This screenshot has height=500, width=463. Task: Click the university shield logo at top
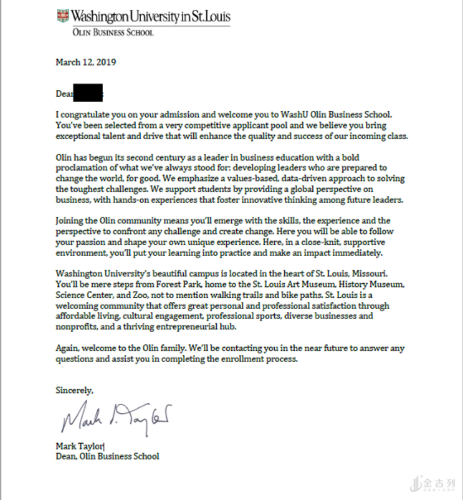coord(62,16)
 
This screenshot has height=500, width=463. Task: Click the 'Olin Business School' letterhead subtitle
coord(113,33)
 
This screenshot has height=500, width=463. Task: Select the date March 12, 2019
coord(86,62)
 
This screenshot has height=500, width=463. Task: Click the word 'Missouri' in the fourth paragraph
coord(377,273)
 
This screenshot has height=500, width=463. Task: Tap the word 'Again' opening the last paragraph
coord(66,348)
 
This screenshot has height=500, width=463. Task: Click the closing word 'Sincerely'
coord(74,390)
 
